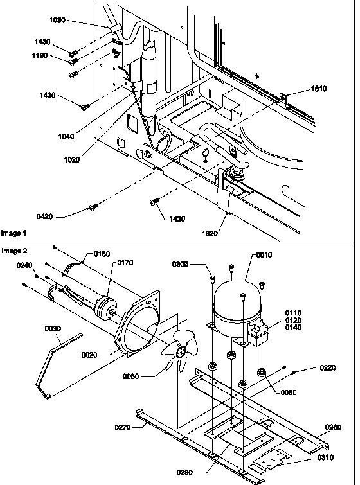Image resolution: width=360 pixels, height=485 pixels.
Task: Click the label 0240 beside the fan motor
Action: pos(24,265)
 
